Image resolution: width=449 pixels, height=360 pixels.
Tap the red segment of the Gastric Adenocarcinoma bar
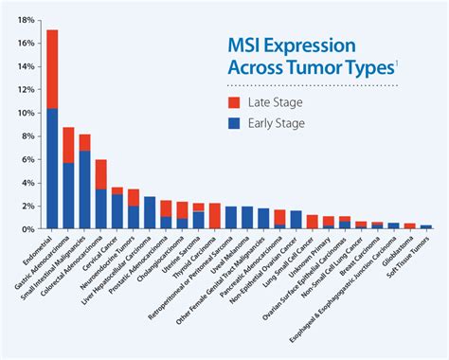[x=68, y=145]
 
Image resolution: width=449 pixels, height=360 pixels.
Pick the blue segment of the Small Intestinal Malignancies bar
[x=84, y=189]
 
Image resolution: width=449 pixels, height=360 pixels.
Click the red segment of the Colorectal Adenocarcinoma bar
[x=100, y=174]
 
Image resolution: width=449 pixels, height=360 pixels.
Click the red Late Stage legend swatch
[x=232, y=102]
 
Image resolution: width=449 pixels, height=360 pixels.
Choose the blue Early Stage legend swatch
[x=232, y=123]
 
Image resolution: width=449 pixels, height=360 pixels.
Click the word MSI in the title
[x=248, y=45]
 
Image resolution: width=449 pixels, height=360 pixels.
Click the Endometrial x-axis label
[x=39, y=248]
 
